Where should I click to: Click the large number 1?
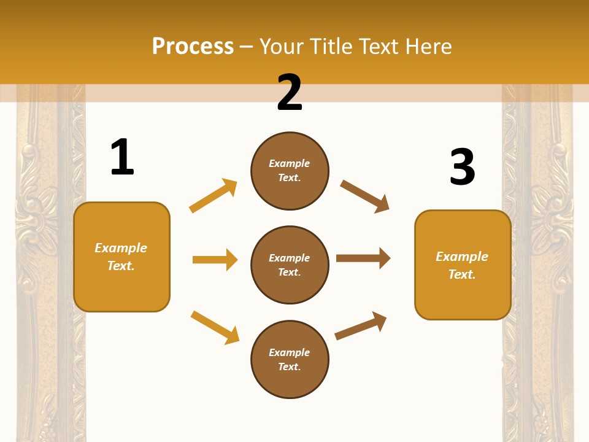(121, 158)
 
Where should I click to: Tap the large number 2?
(290, 93)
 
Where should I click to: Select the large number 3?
(462, 168)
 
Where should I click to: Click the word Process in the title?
(193, 47)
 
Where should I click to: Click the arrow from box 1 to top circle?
(214, 196)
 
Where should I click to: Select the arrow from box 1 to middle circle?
(215, 260)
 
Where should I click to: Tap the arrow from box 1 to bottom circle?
(215, 327)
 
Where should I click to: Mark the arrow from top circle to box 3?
(365, 196)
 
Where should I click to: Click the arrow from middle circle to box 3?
(363, 258)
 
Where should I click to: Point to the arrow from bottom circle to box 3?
(361, 325)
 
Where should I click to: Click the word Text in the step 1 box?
(120, 266)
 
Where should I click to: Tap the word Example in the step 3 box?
(462, 257)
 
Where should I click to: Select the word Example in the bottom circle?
(289, 352)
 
